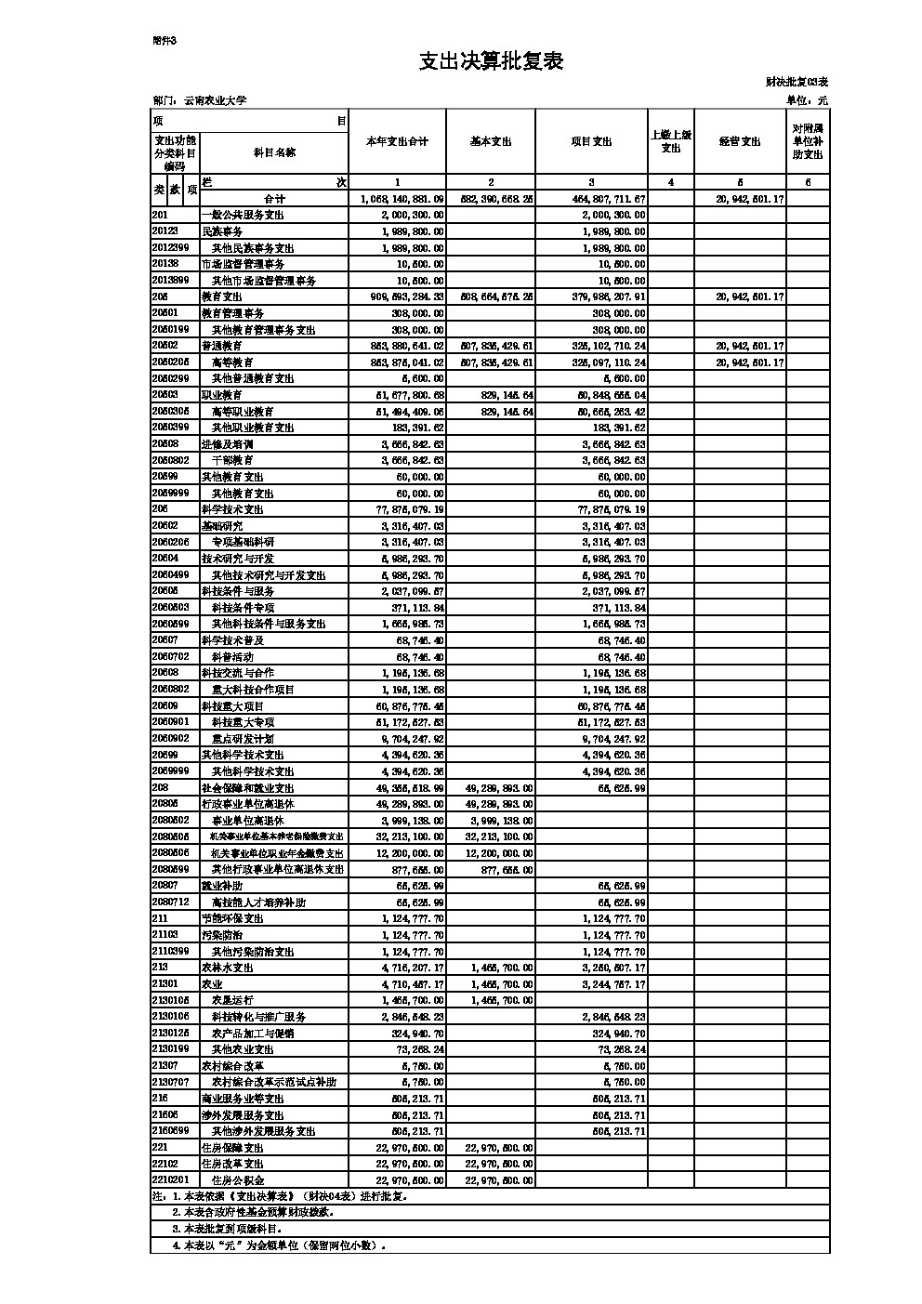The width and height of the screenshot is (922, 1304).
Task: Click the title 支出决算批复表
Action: (x=491, y=61)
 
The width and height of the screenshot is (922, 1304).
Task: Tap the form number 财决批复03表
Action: (x=796, y=83)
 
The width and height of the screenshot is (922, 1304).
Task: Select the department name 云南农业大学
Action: (x=215, y=100)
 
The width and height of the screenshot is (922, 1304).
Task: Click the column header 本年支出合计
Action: (x=397, y=141)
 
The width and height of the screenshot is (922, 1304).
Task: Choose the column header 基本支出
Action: (x=491, y=141)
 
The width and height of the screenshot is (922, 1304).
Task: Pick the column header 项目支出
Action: (x=591, y=141)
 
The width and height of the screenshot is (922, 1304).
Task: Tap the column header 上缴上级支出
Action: (x=670, y=141)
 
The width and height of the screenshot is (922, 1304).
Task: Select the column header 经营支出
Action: (x=739, y=141)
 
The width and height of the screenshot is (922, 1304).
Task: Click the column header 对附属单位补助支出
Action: (x=808, y=141)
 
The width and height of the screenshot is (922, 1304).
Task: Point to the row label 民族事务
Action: (x=222, y=231)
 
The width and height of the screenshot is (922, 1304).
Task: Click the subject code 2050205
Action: (x=171, y=362)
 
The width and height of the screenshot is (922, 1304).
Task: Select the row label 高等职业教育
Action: (x=243, y=411)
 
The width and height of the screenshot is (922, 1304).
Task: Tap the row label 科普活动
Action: (x=232, y=656)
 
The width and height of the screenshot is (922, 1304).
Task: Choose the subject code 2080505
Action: (x=171, y=836)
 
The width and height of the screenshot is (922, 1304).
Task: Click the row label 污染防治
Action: (x=222, y=934)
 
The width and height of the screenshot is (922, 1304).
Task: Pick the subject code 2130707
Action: (x=171, y=1082)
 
